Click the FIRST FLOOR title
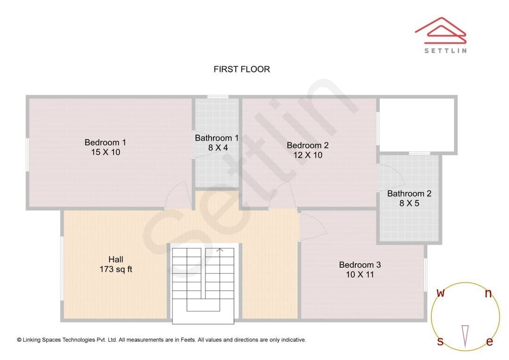pos(241,69)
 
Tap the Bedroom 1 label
pos(105,142)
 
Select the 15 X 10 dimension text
pos(106,152)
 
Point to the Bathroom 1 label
pos(216,138)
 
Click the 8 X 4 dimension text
pos(218,147)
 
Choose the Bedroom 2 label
pos(308,146)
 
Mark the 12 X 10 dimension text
pos(308,155)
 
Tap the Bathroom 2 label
pos(410,194)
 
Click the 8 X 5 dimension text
pos(410,204)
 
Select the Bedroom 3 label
pos(360,265)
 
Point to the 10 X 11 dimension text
pos(360,275)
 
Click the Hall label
pos(115,259)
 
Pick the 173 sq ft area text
pos(115,269)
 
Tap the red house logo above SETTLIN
pos(441,30)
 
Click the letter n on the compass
pos(488,294)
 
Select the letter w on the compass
pos(441,293)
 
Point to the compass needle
pos(465,336)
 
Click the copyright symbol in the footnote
pos(19,340)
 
